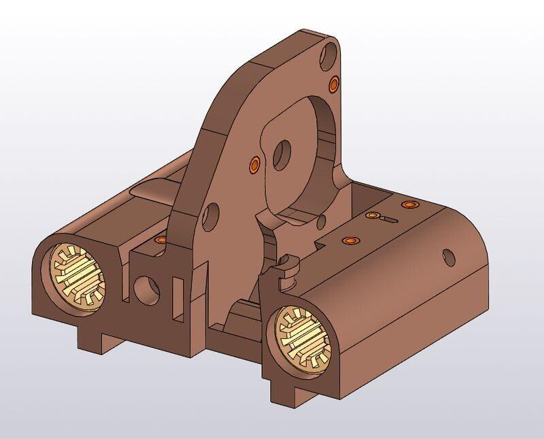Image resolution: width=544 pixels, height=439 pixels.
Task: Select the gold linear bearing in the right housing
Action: (x=305, y=338)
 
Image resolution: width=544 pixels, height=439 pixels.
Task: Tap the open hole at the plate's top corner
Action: (x=329, y=52)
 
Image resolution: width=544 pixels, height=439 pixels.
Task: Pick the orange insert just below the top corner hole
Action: (x=334, y=84)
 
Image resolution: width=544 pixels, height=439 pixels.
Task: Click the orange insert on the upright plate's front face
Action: (x=254, y=163)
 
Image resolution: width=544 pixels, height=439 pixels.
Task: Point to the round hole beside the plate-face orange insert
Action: (x=282, y=155)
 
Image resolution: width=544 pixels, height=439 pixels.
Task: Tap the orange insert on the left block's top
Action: (x=160, y=240)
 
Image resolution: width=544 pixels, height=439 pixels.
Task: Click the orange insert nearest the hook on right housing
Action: (x=350, y=240)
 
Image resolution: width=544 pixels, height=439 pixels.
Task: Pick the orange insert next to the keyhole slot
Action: (x=372, y=215)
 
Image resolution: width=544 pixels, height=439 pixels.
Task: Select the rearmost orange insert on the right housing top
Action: (x=408, y=204)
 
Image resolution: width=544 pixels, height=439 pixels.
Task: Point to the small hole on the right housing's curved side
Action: (x=448, y=257)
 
